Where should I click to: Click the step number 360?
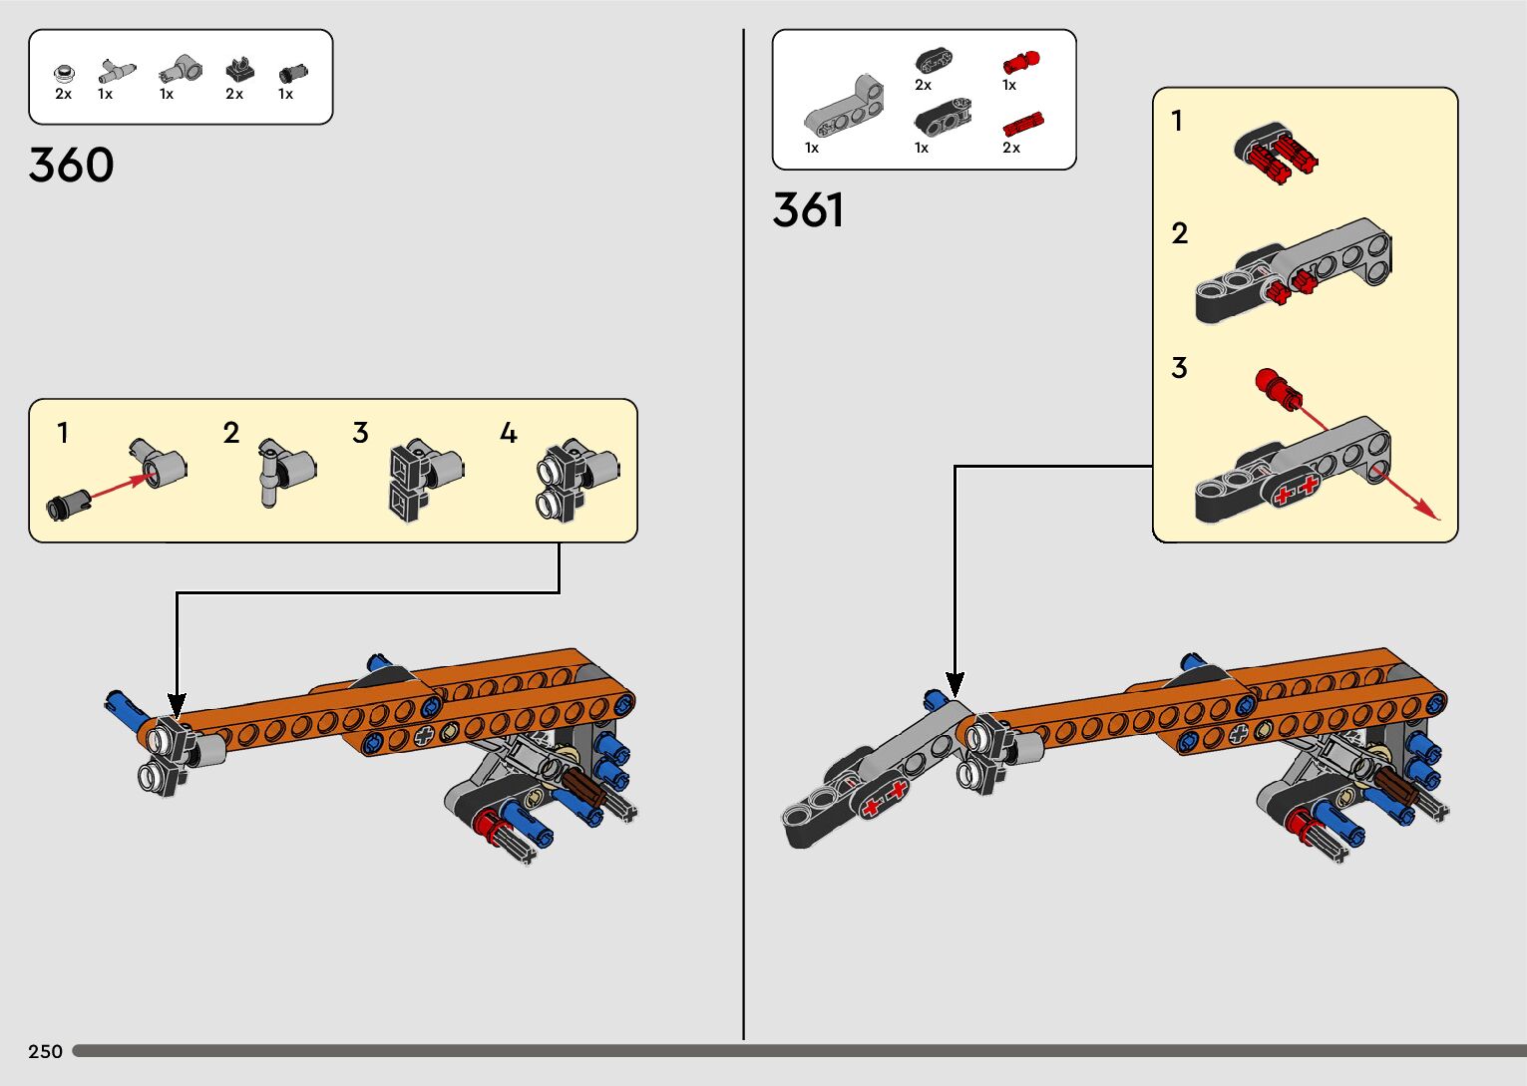coord(71,166)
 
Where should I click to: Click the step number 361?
coord(808,211)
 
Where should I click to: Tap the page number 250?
coord(45,1051)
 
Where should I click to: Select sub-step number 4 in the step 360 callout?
coord(508,433)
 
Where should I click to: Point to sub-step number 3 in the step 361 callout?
coord(1179,368)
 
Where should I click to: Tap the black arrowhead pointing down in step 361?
coord(954,685)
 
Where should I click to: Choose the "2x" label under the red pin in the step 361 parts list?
coord(1011,148)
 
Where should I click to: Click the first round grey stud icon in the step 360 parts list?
coord(64,73)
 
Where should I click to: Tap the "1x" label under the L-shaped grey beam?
coord(812,148)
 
